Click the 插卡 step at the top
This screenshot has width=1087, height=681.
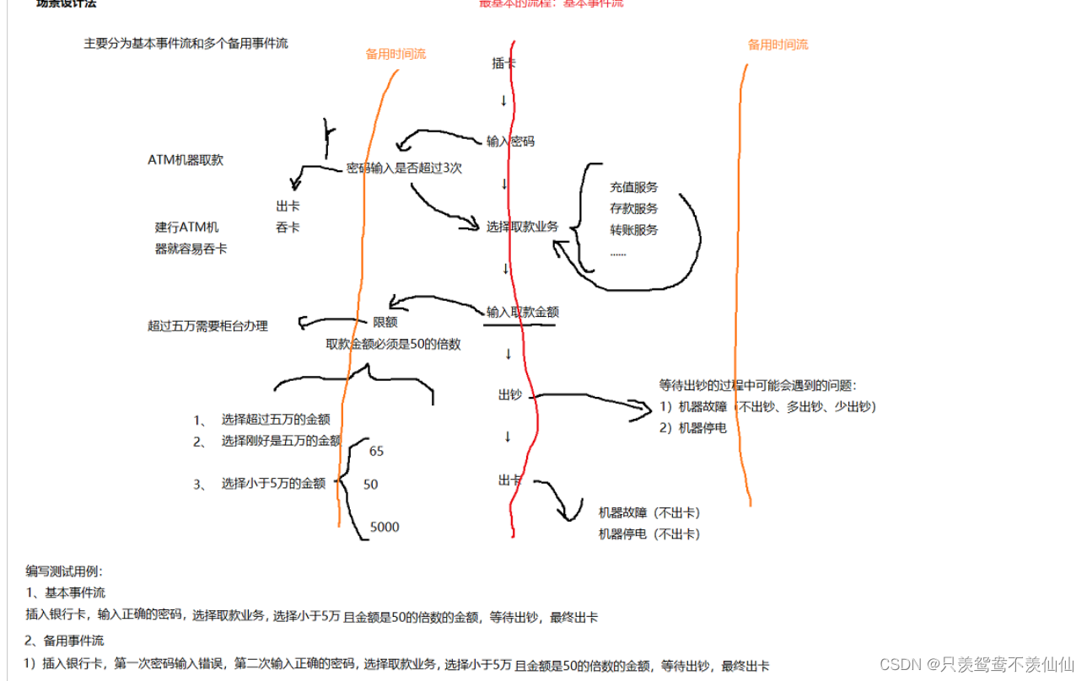tap(503, 63)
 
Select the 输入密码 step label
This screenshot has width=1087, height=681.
tap(510, 142)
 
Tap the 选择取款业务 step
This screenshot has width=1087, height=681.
tap(522, 227)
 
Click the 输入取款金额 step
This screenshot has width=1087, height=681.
tap(522, 312)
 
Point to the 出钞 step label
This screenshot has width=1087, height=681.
tap(510, 394)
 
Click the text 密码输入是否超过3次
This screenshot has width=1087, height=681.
tap(404, 168)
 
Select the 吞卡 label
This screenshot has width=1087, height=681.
tap(288, 228)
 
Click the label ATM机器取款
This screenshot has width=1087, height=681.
tap(186, 160)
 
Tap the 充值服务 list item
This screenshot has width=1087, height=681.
tap(633, 187)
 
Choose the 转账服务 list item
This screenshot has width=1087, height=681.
tap(633, 229)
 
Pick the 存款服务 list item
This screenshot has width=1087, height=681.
tap(633, 208)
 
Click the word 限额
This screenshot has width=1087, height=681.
tap(385, 322)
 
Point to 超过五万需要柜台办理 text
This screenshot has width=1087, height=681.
tap(207, 325)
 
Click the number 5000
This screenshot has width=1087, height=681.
tap(385, 528)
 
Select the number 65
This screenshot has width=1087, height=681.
tap(376, 452)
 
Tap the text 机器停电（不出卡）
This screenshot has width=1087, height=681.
tap(649, 534)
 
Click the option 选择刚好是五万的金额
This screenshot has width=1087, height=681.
tap(281, 441)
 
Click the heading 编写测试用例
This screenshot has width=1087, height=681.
tap(64, 571)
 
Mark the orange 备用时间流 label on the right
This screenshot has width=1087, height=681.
tap(778, 45)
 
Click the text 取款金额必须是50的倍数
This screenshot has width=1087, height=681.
tap(393, 344)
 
